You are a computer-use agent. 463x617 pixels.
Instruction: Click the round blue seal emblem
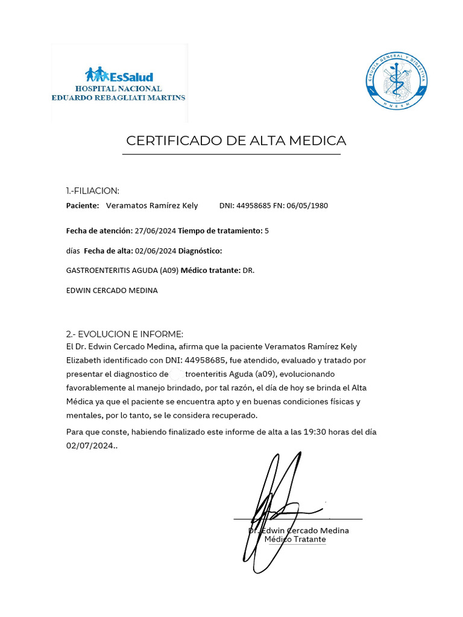397,82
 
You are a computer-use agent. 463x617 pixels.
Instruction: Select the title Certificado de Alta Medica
236,141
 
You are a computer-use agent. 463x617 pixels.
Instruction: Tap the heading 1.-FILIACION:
93,191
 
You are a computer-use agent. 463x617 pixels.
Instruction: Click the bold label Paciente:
83,206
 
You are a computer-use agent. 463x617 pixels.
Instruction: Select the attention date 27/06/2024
156,231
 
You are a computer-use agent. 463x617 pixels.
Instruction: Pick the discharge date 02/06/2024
156,251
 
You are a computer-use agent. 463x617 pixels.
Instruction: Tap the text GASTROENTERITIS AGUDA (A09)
122,271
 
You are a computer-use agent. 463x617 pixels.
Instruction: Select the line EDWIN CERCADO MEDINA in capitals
112,290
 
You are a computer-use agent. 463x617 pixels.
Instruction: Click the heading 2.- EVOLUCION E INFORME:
124,334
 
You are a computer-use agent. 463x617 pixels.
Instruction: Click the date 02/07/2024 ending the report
89,446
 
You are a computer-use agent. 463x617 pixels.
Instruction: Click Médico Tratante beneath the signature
295,540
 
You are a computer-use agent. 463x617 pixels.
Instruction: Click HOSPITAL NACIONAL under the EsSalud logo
118,89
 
